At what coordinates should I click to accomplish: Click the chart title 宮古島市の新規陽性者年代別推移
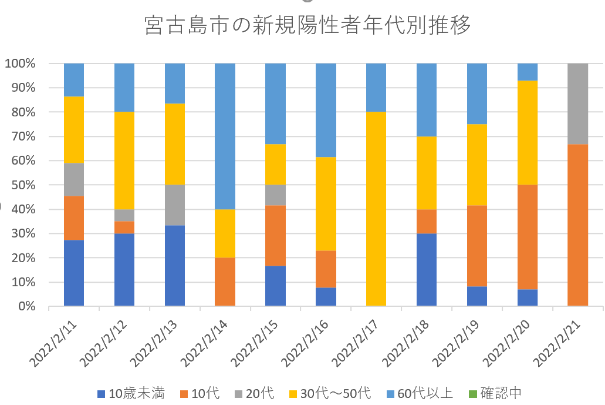(x=307, y=25)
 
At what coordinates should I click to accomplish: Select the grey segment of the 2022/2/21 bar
(x=577, y=103)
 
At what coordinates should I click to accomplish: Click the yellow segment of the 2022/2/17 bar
(x=376, y=209)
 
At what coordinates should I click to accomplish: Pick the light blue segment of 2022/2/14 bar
(x=225, y=136)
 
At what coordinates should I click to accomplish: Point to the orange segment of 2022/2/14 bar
(x=225, y=282)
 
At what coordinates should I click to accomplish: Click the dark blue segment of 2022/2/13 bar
(x=175, y=265)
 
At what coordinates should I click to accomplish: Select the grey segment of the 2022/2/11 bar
(x=74, y=179)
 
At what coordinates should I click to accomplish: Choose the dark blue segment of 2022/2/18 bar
(x=427, y=269)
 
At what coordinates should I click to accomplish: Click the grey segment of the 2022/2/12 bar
(x=124, y=215)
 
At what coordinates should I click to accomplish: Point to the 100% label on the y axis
(x=20, y=63)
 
